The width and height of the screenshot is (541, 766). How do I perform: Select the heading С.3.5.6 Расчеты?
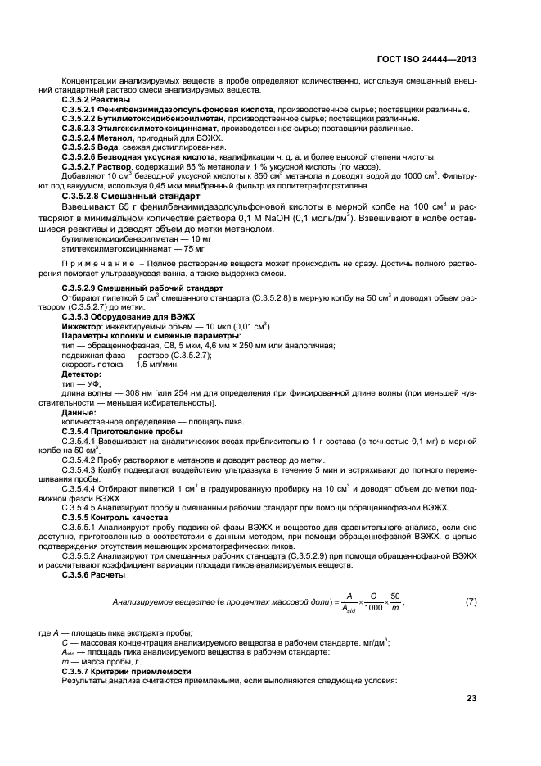coord(90,570)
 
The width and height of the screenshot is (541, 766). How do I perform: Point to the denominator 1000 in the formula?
coord(372,607)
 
